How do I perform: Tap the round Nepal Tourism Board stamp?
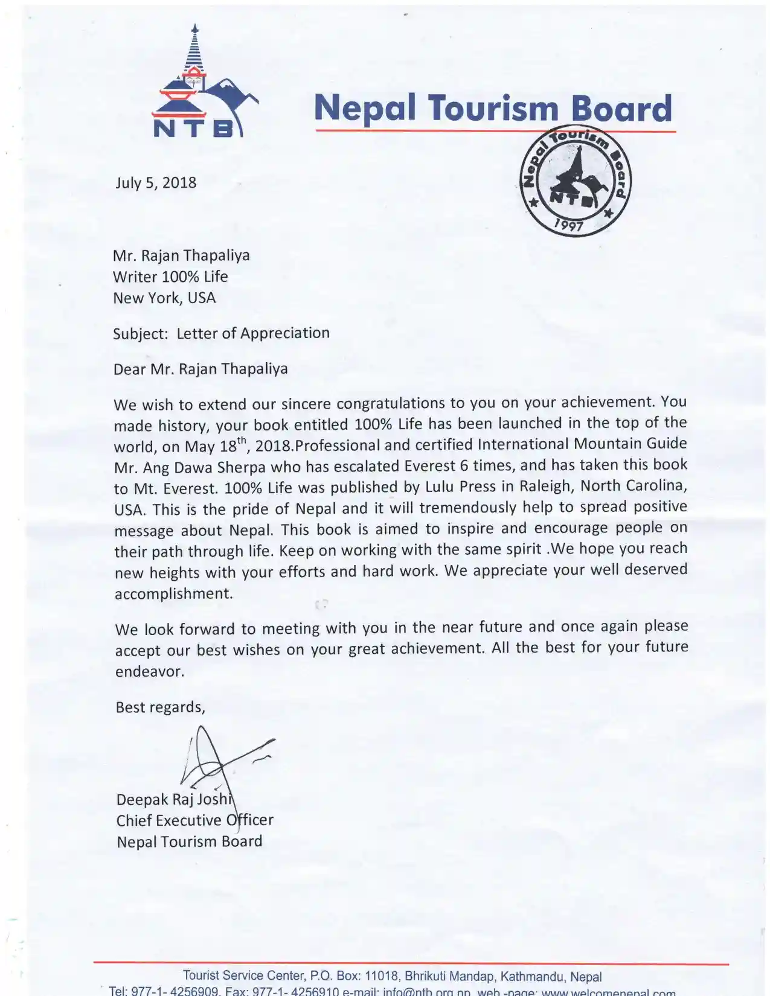tap(574, 182)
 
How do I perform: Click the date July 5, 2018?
tap(156, 182)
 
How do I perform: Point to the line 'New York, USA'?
tap(164, 298)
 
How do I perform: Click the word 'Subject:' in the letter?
tap(140, 334)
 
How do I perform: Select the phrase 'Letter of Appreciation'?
tap(253, 333)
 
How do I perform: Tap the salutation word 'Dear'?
tap(129, 369)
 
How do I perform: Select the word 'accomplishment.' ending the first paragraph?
tap(174, 594)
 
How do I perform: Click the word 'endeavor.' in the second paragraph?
tap(150, 672)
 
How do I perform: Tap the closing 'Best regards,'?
tap(160, 707)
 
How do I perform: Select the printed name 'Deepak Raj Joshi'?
tap(174, 799)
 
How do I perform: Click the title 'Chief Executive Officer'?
tap(194, 820)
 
